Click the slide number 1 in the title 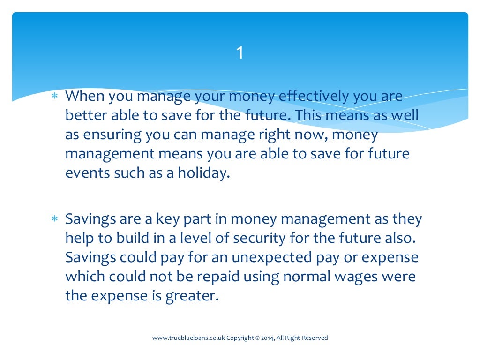click(240, 53)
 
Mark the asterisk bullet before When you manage click(54, 97)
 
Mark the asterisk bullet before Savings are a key click(54, 219)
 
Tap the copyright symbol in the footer click(257, 338)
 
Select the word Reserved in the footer click(315, 338)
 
